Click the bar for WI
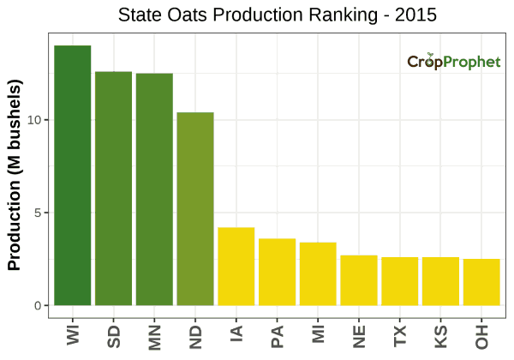click(x=73, y=176)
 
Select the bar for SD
click(x=113, y=189)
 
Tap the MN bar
click(x=154, y=189)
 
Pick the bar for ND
click(x=195, y=209)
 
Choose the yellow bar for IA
click(x=236, y=267)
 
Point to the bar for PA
click(x=278, y=272)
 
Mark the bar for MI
click(x=318, y=274)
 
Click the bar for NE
click(x=359, y=280)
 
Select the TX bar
click(x=400, y=281)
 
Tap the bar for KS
click(x=440, y=281)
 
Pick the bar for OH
click(x=481, y=282)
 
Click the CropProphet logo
click(x=453, y=62)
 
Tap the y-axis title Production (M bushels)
click(x=15, y=177)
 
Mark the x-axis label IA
click(x=236, y=333)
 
